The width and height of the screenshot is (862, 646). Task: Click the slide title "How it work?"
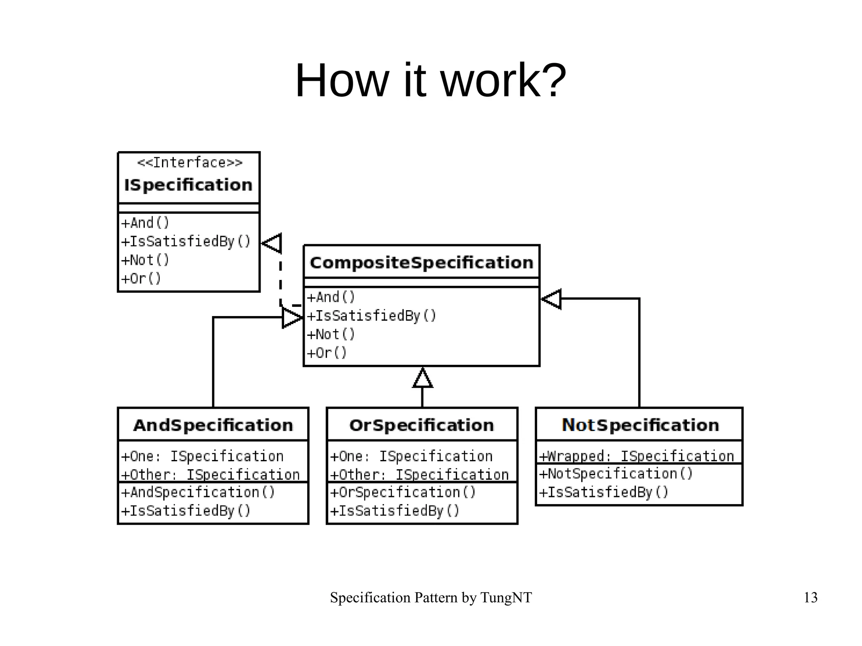[431, 81]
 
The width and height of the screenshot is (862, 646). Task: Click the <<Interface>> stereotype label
[190, 162]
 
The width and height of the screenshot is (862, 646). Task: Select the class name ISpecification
[188, 185]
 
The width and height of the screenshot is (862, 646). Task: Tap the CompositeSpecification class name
[421, 263]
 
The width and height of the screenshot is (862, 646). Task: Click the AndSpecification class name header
[213, 425]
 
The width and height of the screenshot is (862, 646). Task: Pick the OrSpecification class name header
[421, 425]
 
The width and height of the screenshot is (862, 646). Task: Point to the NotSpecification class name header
[640, 425]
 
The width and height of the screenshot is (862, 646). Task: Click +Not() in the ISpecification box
[145, 260]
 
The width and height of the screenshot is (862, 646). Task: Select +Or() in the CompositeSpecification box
[327, 353]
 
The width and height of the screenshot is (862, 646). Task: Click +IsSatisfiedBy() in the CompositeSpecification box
[372, 316]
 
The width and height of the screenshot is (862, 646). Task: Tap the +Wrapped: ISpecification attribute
[636, 456]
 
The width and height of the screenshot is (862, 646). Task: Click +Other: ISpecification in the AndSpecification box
[210, 474]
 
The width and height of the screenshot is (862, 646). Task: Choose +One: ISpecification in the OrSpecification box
[411, 456]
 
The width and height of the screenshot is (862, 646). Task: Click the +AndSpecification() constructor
[198, 492]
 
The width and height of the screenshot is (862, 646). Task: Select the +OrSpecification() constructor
[403, 492]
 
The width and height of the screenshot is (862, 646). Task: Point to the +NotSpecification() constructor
[616, 473]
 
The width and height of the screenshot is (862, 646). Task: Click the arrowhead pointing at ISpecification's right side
[272, 243]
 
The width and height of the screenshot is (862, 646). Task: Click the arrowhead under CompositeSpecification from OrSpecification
[423, 377]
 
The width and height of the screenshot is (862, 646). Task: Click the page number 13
[810, 598]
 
